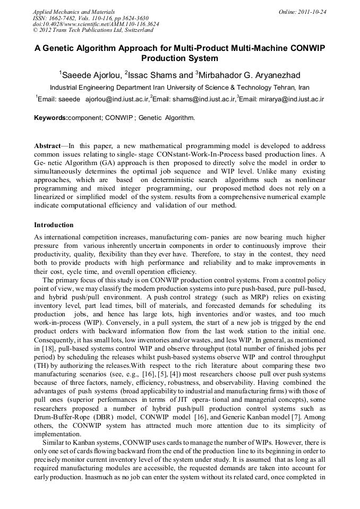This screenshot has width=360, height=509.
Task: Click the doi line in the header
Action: coord(96,24)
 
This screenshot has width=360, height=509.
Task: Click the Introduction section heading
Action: coord(54,225)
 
